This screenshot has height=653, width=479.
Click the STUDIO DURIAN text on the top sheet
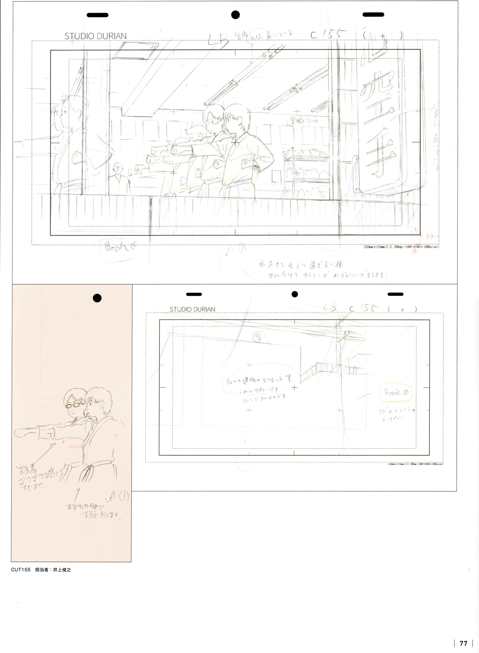click(95, 36)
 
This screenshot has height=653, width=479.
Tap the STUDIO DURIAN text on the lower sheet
click(192, 309)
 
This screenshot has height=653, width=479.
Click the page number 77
click(463, 643)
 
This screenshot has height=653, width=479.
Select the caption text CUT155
click(21, 570)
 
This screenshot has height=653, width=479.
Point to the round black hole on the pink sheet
click(97, 298)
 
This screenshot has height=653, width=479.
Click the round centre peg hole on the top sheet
click(235, 15)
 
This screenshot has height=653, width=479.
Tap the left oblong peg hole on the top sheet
click(98, 15)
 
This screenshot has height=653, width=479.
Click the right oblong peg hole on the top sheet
click(373, 15)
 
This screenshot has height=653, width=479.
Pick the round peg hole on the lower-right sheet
click(295, 294)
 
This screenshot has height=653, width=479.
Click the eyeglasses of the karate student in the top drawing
click(215, 120)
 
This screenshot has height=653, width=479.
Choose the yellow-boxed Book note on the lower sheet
click(396, 393)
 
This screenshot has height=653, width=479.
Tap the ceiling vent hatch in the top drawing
click(135, 51)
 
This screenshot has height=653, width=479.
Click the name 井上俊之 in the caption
click(62, 570)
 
